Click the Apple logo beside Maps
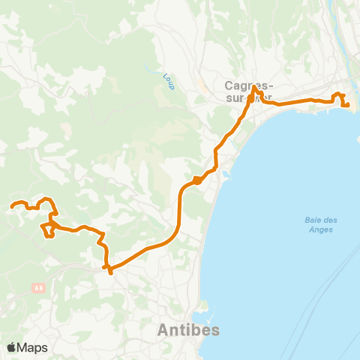click(x=11, y=348)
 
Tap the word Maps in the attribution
click(x=32, y=348)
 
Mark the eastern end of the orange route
click(x=348, y=105)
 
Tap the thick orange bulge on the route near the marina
click(x=196, y=179)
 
